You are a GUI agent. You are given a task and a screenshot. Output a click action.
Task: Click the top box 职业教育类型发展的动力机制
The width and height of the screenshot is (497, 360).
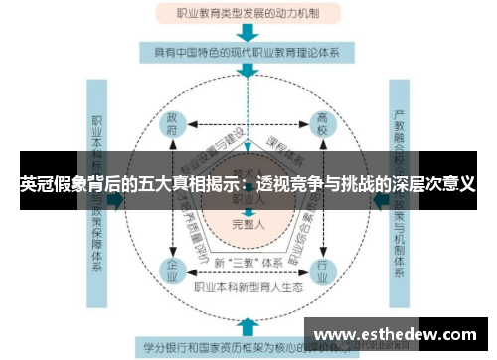[x=248, y=15]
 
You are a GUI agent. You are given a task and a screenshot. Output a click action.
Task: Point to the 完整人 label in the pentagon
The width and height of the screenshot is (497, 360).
[x=248, y=224]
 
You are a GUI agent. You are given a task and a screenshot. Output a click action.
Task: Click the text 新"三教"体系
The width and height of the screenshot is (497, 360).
[x=248, y=263]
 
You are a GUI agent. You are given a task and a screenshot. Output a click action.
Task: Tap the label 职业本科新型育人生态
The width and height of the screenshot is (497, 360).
[x=248, y=288]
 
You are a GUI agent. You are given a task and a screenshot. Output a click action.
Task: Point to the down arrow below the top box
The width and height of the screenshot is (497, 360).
[x=248, y=33]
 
